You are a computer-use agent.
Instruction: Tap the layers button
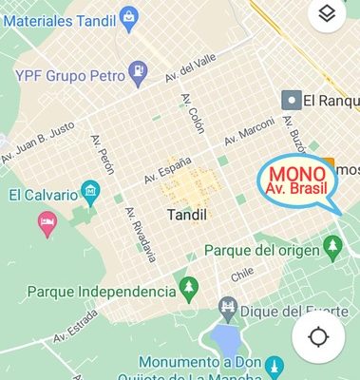327,13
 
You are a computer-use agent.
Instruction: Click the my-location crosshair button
318,336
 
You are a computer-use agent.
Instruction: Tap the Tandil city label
186,215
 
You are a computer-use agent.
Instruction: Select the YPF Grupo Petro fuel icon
139,70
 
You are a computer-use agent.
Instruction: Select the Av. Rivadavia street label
141,233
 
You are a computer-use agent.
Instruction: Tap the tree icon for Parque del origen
332,248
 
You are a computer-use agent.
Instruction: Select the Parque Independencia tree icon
189,288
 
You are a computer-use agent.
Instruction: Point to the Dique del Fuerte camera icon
227,306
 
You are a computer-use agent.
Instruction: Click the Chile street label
243,275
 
